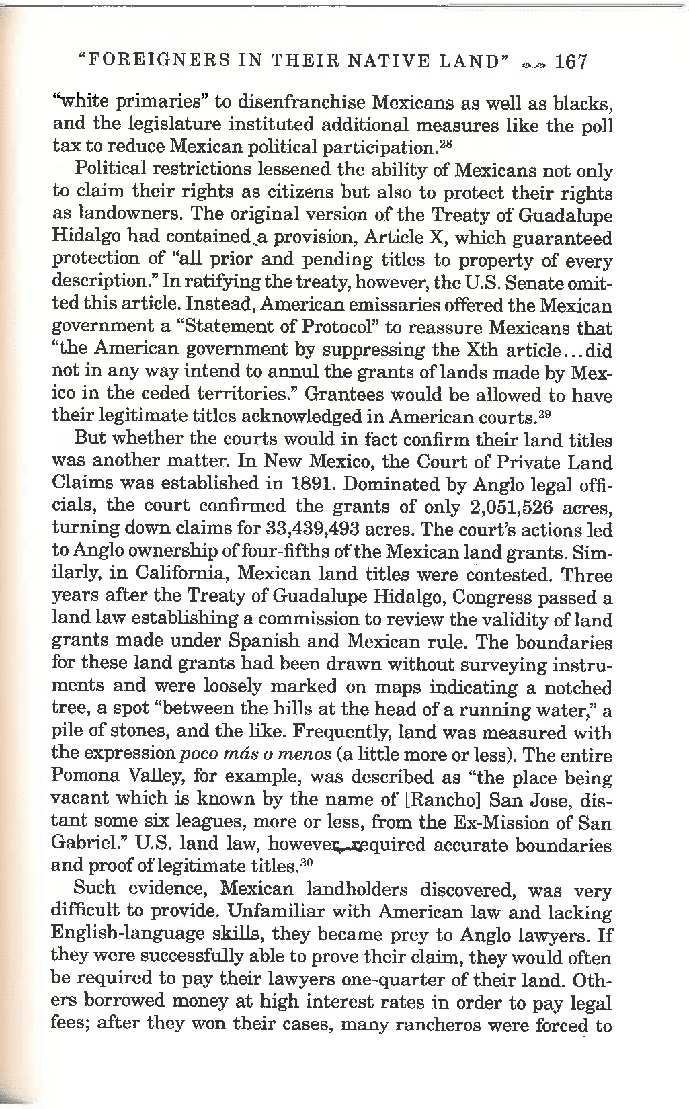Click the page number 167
pos(572,63)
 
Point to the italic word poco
pos(197,755)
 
